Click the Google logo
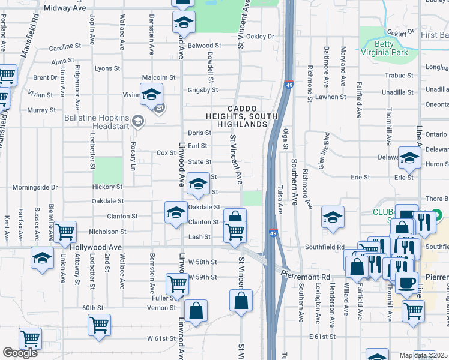(x=20, y=353)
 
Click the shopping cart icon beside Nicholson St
(x=65, y=230)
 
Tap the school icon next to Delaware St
(x=410, y=158)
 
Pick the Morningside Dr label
(x=37, y=187)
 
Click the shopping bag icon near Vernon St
(x=196, y=311)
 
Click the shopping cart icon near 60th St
(x=100, y=325)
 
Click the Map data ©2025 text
(x=424, y=355)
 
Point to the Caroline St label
(x=65, y=46)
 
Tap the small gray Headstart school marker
(x=139, y=122)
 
